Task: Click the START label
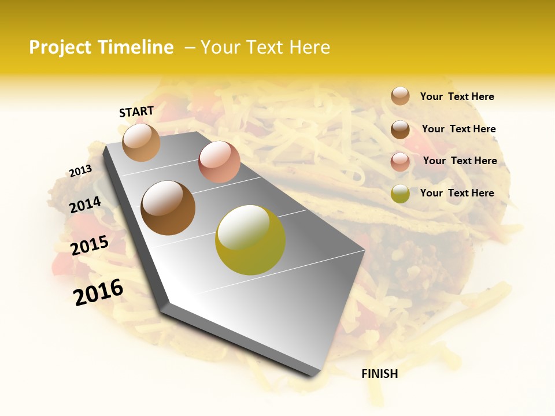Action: (x=136, y=112)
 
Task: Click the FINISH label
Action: (x=379, y=374)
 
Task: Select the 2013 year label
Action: (x=81, y=171)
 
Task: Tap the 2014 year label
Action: (x=86, y=205)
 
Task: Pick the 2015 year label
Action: (x=90, y=246)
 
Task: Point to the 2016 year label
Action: (x=98, y=292)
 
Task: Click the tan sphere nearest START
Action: (x=141, y=142)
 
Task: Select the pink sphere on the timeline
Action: (x=219, y=162)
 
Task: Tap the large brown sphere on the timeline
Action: (x=168, y=208)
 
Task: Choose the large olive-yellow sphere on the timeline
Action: (x=250, y=240)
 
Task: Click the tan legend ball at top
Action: (x=400, y=96)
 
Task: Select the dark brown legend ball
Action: (x=400, y=129)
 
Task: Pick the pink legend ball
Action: (x=400, y=161)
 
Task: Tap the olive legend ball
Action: (x=400, y=194)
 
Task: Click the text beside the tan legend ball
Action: (x=457, y=96)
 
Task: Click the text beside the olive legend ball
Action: (x=457, y=193)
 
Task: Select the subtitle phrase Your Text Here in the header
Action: (x=265, y=47)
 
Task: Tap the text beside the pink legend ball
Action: (x=460, y=161)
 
